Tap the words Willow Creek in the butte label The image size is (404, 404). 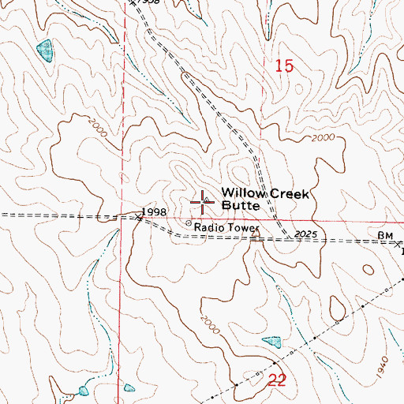click(x=258, y=193)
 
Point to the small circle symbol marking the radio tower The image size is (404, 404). click(x=189, y=223)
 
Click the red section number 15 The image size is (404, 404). click(x=284, y=67)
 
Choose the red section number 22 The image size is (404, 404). click(x=276, y=380)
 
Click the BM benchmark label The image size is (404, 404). click(x=385, y=235)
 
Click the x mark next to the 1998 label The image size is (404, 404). click(x=137, y=219)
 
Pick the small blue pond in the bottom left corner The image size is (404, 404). click(x=84, y=391)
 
